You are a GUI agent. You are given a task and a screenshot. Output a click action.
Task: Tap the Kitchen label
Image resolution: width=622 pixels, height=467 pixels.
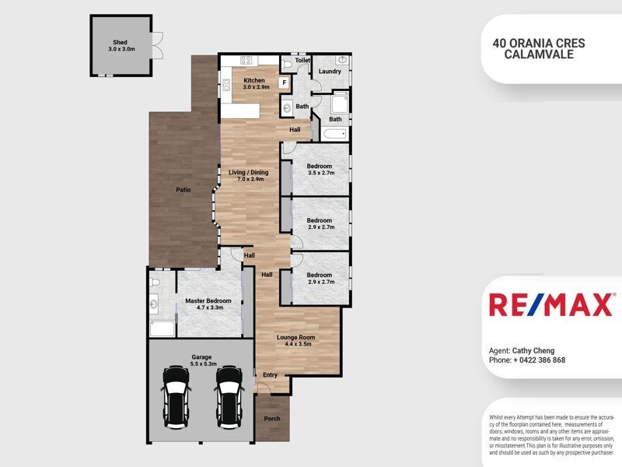tap(254, 80)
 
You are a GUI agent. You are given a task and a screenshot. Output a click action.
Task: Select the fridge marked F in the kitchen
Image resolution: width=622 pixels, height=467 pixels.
tap(285, 82)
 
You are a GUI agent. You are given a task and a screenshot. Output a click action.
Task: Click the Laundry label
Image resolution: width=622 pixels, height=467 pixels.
tap(330, 72)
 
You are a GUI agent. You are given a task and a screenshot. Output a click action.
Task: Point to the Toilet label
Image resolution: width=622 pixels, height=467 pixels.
tap(303, 60)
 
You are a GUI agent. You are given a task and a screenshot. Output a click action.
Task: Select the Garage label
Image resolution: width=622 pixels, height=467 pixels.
tap(201, 357)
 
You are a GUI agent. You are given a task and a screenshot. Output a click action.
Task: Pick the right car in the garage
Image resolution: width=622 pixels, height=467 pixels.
tap(229, 391)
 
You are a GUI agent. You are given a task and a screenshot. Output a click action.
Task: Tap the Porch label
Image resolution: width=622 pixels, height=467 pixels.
tap(272, 419)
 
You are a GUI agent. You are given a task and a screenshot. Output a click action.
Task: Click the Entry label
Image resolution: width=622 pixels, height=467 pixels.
tap(270, 375)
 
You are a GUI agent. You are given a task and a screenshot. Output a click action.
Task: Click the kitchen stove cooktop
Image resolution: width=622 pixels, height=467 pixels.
tap(248, 60)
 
